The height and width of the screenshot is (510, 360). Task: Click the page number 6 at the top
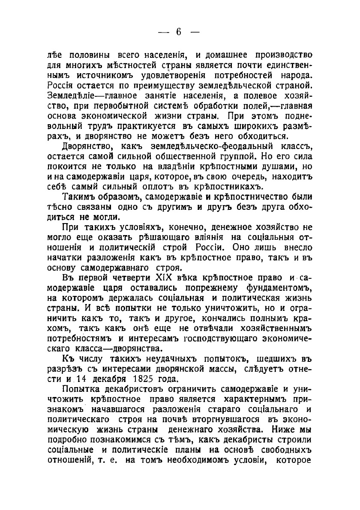(179, 33)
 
